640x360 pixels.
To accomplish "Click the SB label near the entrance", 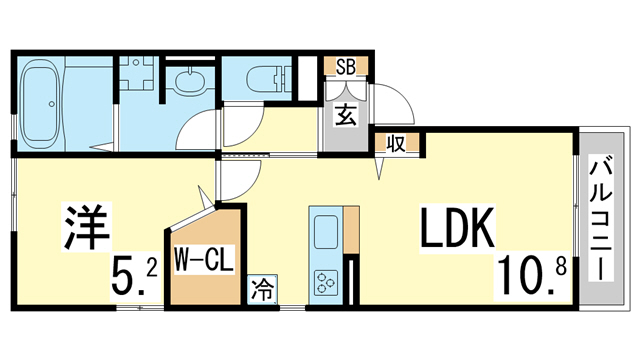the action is (346, 67).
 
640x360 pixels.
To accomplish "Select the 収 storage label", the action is (396, 143).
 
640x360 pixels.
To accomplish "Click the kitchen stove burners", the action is (327, 281).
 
